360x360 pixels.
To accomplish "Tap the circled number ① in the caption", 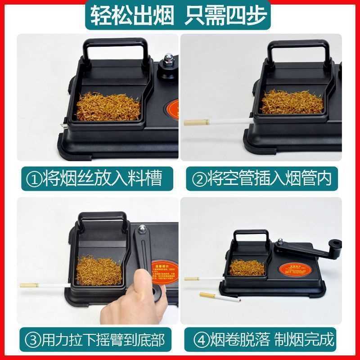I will pos(35,178).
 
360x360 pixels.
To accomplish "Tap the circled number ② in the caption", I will pos(199,178).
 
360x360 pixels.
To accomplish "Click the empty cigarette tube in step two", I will pos(225,121).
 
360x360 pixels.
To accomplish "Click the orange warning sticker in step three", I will pos(163,272).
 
